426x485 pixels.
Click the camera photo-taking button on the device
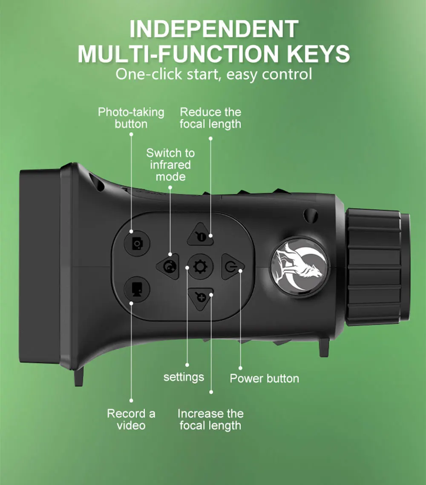tap(137, 243)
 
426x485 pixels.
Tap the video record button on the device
tap(137, 289)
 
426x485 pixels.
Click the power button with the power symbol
tap(232, 266)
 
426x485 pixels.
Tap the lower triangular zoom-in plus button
tap(201, 299)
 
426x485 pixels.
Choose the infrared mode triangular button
tap(169, 266)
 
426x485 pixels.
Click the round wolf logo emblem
tap(299, 266)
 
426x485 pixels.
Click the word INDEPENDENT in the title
tap(214, 29)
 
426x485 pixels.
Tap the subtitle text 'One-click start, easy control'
tap(214, 74)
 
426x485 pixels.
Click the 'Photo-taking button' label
tap(131, 118)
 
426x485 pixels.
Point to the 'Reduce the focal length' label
tap(210, 118)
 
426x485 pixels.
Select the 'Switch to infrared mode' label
tap(170, 165)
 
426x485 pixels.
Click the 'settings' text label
tap(184, 377)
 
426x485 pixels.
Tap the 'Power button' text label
tap(264, 378)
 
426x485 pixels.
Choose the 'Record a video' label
tap(131, 419)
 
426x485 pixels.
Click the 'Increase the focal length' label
tap(210, 419)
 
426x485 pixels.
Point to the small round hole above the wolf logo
tap(311, 215)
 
